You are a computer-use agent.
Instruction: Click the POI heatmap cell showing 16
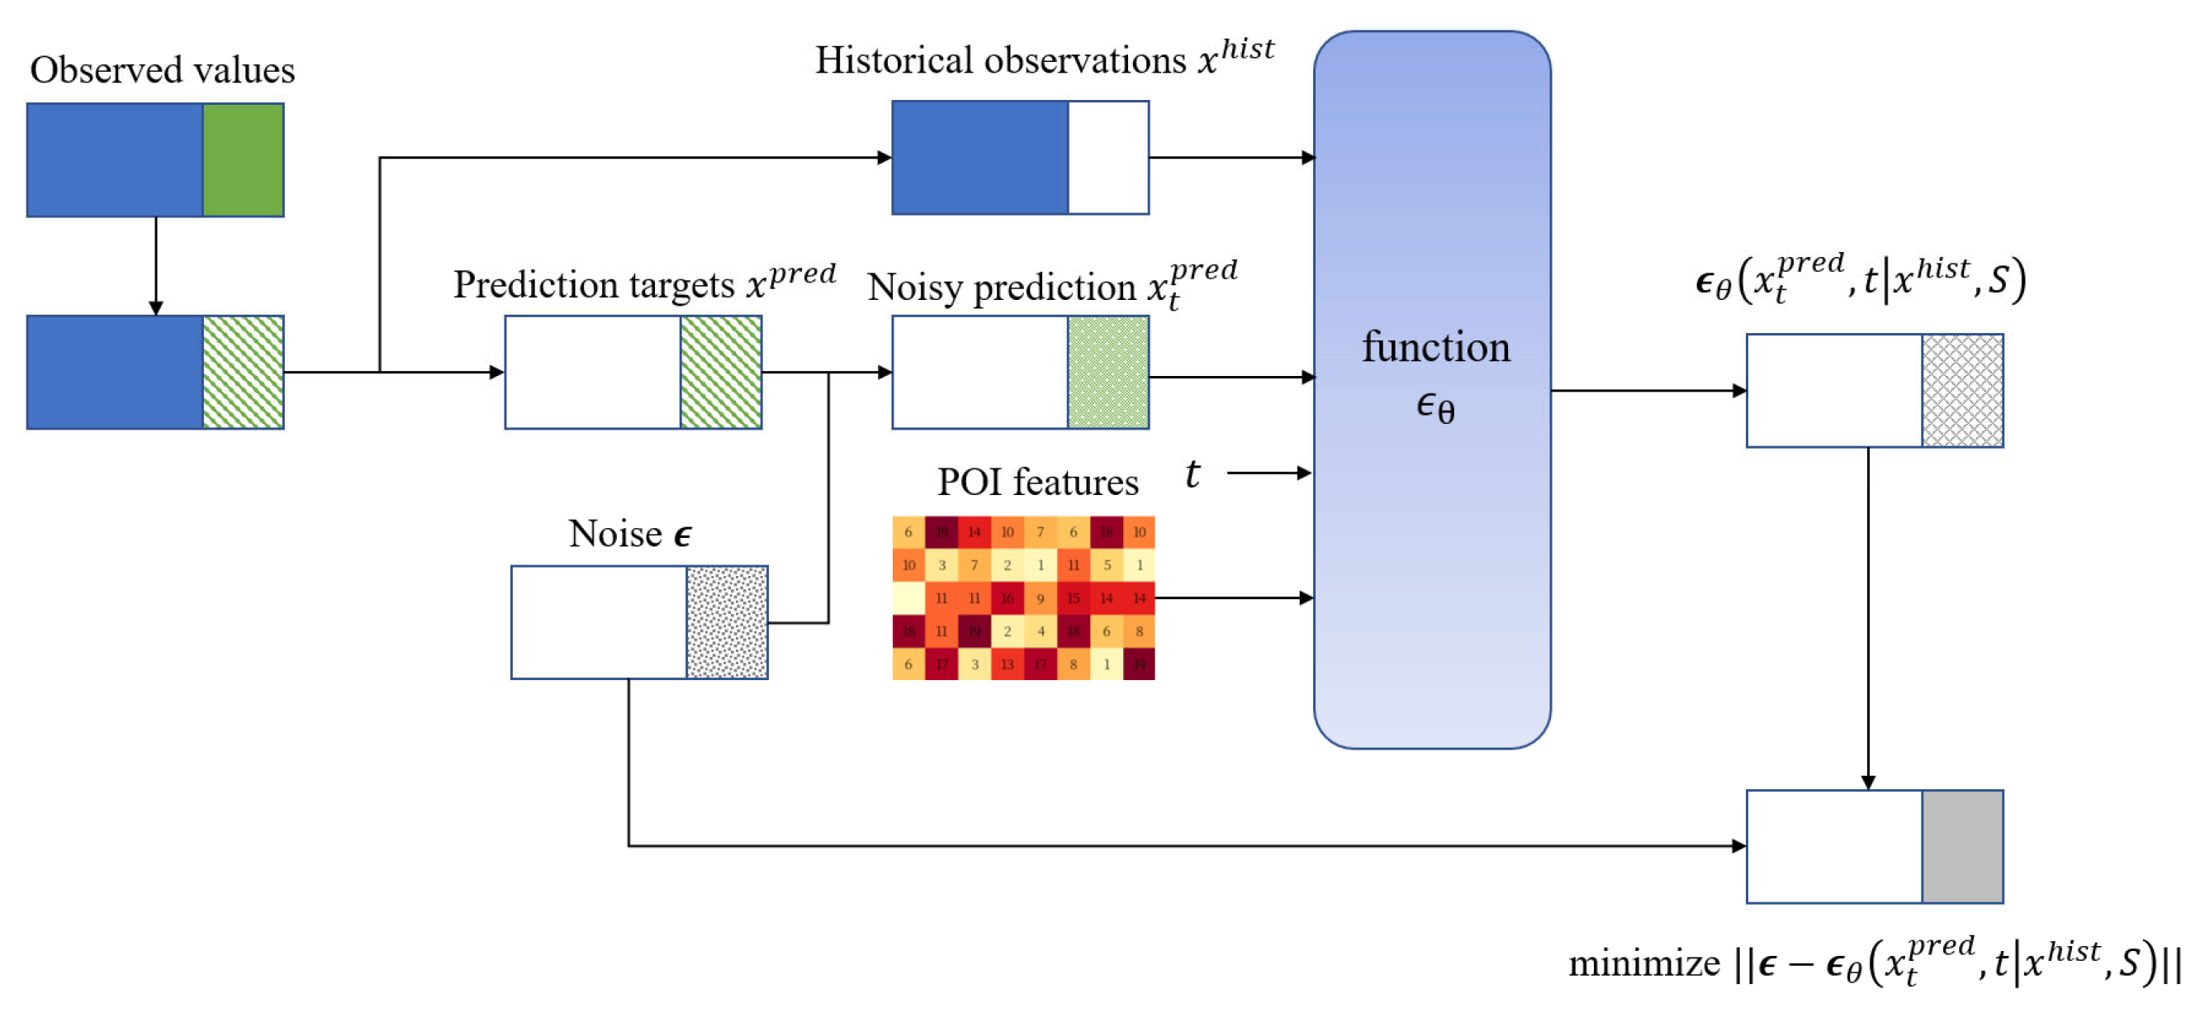pyautogui.click(x=1007, y=597)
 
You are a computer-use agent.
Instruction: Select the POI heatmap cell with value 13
pyautogui.click(x=1007, y=663)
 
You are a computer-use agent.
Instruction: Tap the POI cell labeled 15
pyautogui.click(x=1073, y=597)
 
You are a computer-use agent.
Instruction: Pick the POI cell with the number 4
pyautogui.click(x=1040, y=631)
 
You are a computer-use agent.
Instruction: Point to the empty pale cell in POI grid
pyautogui.click(x=908, y=597)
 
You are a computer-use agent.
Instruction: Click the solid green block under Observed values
pyautogui.click(x=243, y=160)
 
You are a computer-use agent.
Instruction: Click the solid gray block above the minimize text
pyautogui.click(x=1962, y=846)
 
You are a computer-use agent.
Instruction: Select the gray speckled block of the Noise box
pyautogui.click(x=727, y=622)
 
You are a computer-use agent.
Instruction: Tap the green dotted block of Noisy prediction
pyautogui.click(x=1107, y=373)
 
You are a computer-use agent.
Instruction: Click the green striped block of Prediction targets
pyautogui.click(x=721, y=373)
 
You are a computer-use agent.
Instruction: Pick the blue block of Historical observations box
pyautogui.click(x=980, y=158)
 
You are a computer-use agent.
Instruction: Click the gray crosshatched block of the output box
pyautogui.click(x=1962, y=391)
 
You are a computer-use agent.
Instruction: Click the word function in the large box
pyautogui.click(x=1435, y=348)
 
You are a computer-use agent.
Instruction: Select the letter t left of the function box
pyautogui.click(x=1193, y=473)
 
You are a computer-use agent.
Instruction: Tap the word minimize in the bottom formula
pyautogui.click(x=1643, y=964)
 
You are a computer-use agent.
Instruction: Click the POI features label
pyautogui.click(x=1037, y=482)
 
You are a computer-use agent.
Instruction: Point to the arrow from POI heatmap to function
pyautogui.click(x=1233, y=597)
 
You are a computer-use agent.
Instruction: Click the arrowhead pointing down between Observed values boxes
pyautogui.click(x=156, y=307)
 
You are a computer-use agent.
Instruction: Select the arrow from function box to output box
pyautogui.click(x=1648, y=391)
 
